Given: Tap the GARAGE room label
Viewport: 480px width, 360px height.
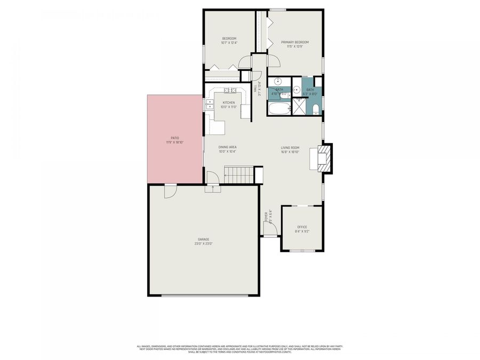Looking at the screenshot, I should [x=203, y=239].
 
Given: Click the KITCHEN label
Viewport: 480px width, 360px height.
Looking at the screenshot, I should [x=228, y=102].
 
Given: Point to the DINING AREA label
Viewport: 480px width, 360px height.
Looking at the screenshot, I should [x=227, y=147].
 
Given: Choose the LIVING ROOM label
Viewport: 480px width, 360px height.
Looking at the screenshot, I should [x=290, y=148].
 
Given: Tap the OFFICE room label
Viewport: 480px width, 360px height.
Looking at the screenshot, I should [x=302, y=227].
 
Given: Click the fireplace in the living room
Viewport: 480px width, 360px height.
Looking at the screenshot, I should [x=324, y=159].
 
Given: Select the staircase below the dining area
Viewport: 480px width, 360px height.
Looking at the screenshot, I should [x=238, y=174].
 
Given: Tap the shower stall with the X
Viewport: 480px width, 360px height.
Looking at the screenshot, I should [x=300, y=107].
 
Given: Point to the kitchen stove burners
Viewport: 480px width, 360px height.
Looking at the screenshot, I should [x=229, y=90].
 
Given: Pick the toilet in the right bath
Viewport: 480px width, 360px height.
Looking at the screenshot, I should [x=316, y=109].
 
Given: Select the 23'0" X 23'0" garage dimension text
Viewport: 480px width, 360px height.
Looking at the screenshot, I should [x=203, y=244].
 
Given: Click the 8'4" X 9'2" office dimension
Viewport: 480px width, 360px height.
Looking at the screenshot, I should [x=302, y=231].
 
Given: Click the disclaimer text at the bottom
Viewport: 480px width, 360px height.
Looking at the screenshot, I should [x=239, y=349].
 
